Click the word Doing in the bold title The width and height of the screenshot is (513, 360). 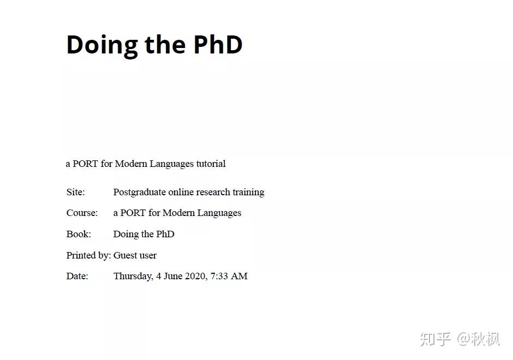tap(102, 45)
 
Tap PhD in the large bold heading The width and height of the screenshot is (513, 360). tap(218, 44)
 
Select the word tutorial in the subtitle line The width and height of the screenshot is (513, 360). tap(211, 164)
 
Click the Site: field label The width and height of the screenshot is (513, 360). tap(75, 192)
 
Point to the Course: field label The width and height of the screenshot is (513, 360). tap(82, 213)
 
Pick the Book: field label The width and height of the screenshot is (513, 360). tap(79, 234)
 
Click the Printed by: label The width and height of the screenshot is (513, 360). tap(88, 255)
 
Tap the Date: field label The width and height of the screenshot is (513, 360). tap(77, 276)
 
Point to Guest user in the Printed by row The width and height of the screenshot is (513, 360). tap(135, 255)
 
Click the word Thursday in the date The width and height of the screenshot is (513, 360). tap(133, 277)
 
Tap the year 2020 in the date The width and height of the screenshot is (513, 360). tap(196, 276)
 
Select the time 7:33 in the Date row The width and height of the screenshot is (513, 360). tap(219, 276)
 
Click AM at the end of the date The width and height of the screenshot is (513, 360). tap(239, 276)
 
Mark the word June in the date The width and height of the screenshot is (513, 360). tap(173, 276)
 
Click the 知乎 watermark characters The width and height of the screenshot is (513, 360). tap(436, 339)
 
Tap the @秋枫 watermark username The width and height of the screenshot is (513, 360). tap(479, 339)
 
